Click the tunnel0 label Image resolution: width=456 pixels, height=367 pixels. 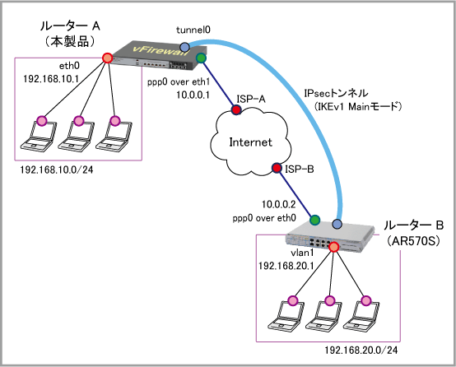click(x=193, y=30)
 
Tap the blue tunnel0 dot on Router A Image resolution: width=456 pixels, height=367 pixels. click(x=184, y=47)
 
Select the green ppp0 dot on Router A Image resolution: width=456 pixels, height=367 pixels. click(x=201, y=58)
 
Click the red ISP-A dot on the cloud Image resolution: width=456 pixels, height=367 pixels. click(x=236, y=109)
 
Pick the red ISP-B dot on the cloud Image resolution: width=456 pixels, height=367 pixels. click(x=277, y=168)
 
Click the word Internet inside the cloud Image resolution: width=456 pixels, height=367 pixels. click(x=251, y=142)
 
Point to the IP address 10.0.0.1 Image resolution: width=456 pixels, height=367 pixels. click(x=193, y=95)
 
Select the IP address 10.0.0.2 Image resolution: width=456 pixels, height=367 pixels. click(x=278, y=204)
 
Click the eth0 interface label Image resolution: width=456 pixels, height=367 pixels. click(x=69, y=66)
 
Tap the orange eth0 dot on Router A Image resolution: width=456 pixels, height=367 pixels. click(x=107, y=58)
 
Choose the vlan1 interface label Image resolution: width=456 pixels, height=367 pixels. click(x=302, y=253)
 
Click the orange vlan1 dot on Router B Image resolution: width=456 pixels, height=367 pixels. click(x=334, y=247)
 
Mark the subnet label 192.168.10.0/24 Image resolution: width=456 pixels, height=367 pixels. click(x=57, y=170)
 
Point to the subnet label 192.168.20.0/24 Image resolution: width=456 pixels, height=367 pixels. click(x=361, y=351)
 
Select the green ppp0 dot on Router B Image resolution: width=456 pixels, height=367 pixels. click(x=314, y=221)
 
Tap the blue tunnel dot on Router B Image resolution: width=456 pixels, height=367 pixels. click(x=337, y=224)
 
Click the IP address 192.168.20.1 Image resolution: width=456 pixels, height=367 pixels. click(x=286, y=266)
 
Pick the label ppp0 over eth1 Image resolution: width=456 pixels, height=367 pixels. click(x=179, y=82)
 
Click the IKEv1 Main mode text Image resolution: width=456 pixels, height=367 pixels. click(x=358, y=106)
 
